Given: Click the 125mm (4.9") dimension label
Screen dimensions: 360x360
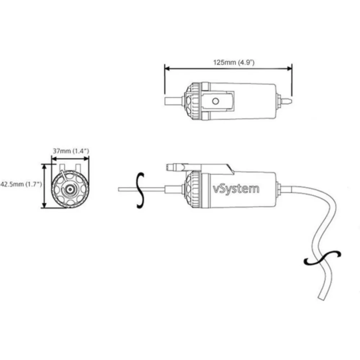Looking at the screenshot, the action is point(234,62).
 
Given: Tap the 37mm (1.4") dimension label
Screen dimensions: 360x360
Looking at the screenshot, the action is point(71,151).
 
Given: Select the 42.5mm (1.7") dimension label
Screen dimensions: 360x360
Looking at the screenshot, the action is point(21,184).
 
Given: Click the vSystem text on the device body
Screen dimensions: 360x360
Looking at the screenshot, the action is point(236,189).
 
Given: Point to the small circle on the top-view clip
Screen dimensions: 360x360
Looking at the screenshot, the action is point(215,101).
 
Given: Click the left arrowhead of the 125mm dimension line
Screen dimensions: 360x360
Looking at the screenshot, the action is point(167,68).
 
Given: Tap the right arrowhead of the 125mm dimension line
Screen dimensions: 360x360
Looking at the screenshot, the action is point(289,68).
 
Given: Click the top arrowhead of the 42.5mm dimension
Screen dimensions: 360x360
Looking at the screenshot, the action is point(45,167).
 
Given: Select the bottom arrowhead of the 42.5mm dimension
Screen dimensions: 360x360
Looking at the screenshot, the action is point(45,205).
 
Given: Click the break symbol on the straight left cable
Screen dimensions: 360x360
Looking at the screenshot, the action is point(140,190).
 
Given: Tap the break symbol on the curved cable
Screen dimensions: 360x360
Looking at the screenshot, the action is point(322,258).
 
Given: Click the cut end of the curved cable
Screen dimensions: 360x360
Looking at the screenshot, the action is point(321,298).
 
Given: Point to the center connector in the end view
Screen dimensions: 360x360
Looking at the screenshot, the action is point(69,189).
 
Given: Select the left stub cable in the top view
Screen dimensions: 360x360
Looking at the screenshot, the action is point(174,101).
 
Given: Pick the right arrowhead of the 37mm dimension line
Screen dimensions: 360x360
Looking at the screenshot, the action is point(86,158).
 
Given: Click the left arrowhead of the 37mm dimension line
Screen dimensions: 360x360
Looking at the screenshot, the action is point(54,158).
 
